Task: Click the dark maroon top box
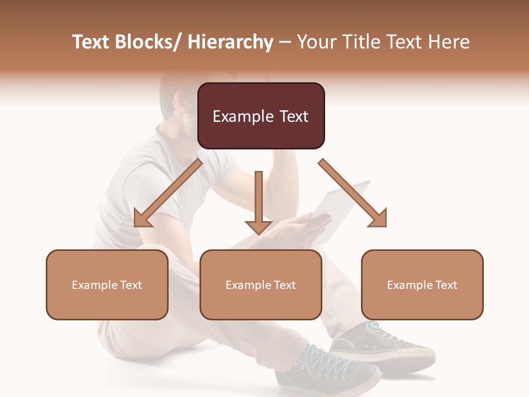pyautogui.click(x=261, y=116)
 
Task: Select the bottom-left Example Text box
pyautogui.click(x=107, y=285)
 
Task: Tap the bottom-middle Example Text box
pyautogui.click(x=261, y=285)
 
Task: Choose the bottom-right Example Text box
pyautogui.click(x=422, y=285)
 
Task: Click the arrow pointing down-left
pyautogui.click(x=168, y=193)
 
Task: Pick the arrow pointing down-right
pyautogui.click(x=353, y=193)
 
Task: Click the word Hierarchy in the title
pyautogui.click(x=230, y=42)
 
